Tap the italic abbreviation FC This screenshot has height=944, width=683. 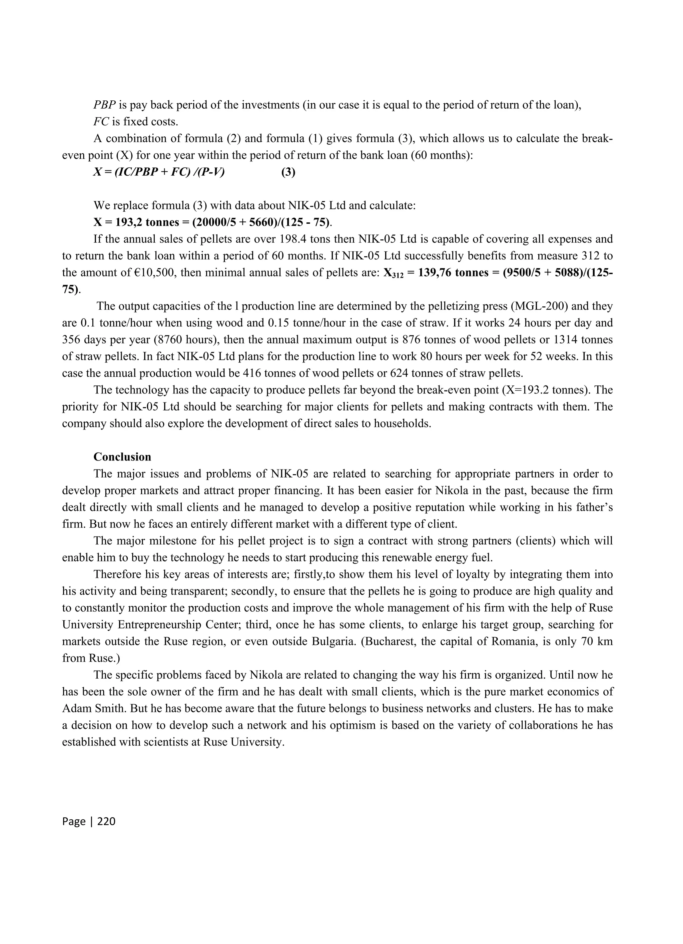pos(101,121)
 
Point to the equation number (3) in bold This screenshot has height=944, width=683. pos(288,172)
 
